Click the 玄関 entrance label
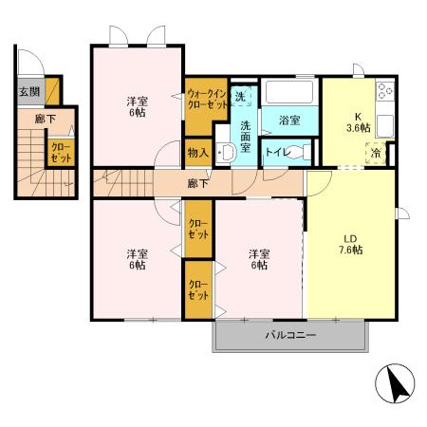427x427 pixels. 29,92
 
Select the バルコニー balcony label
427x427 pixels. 290,335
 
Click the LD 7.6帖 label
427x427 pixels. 351,245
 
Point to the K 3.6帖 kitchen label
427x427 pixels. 358,122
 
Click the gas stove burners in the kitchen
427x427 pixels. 385,91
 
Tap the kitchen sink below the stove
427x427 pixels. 385,125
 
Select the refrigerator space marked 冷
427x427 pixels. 377,154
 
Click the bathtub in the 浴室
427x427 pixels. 288,92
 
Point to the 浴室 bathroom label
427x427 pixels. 289,120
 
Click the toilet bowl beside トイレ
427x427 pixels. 300,152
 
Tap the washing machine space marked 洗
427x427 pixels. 241,96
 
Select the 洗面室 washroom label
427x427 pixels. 245,137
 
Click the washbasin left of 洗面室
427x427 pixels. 226,153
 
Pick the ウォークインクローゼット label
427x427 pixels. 207,99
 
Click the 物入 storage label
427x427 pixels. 198,153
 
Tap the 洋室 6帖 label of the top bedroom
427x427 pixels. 138,107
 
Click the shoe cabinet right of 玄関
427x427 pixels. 52,91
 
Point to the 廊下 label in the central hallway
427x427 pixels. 197,183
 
